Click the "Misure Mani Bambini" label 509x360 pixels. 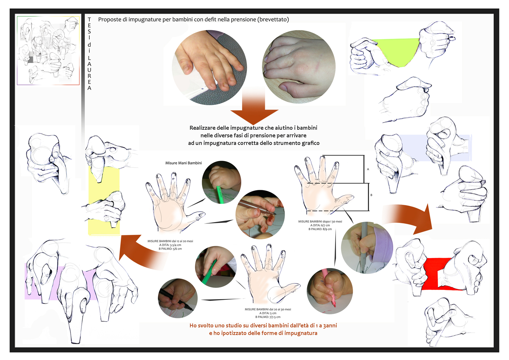pyautogui.click(x=183, y=163)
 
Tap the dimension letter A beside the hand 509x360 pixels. pyautogui.click(x=368, y=169)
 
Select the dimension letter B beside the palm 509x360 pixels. pyautogui.click(x=371, y=195)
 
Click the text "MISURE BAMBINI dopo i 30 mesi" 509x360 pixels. pyautogui.click(x=320, y=221)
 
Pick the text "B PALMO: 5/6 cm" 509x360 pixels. pyautogui.click(x=170, y=249)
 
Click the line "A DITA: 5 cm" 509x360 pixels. pyautogui.click(x=268, y=313)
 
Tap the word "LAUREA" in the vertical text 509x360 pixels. pyautogui.click(x=89, y=73)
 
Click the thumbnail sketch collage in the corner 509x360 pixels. pyautogui.click(x=48, y=51)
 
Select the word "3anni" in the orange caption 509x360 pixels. pyautogui.click(x=330, y=325)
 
